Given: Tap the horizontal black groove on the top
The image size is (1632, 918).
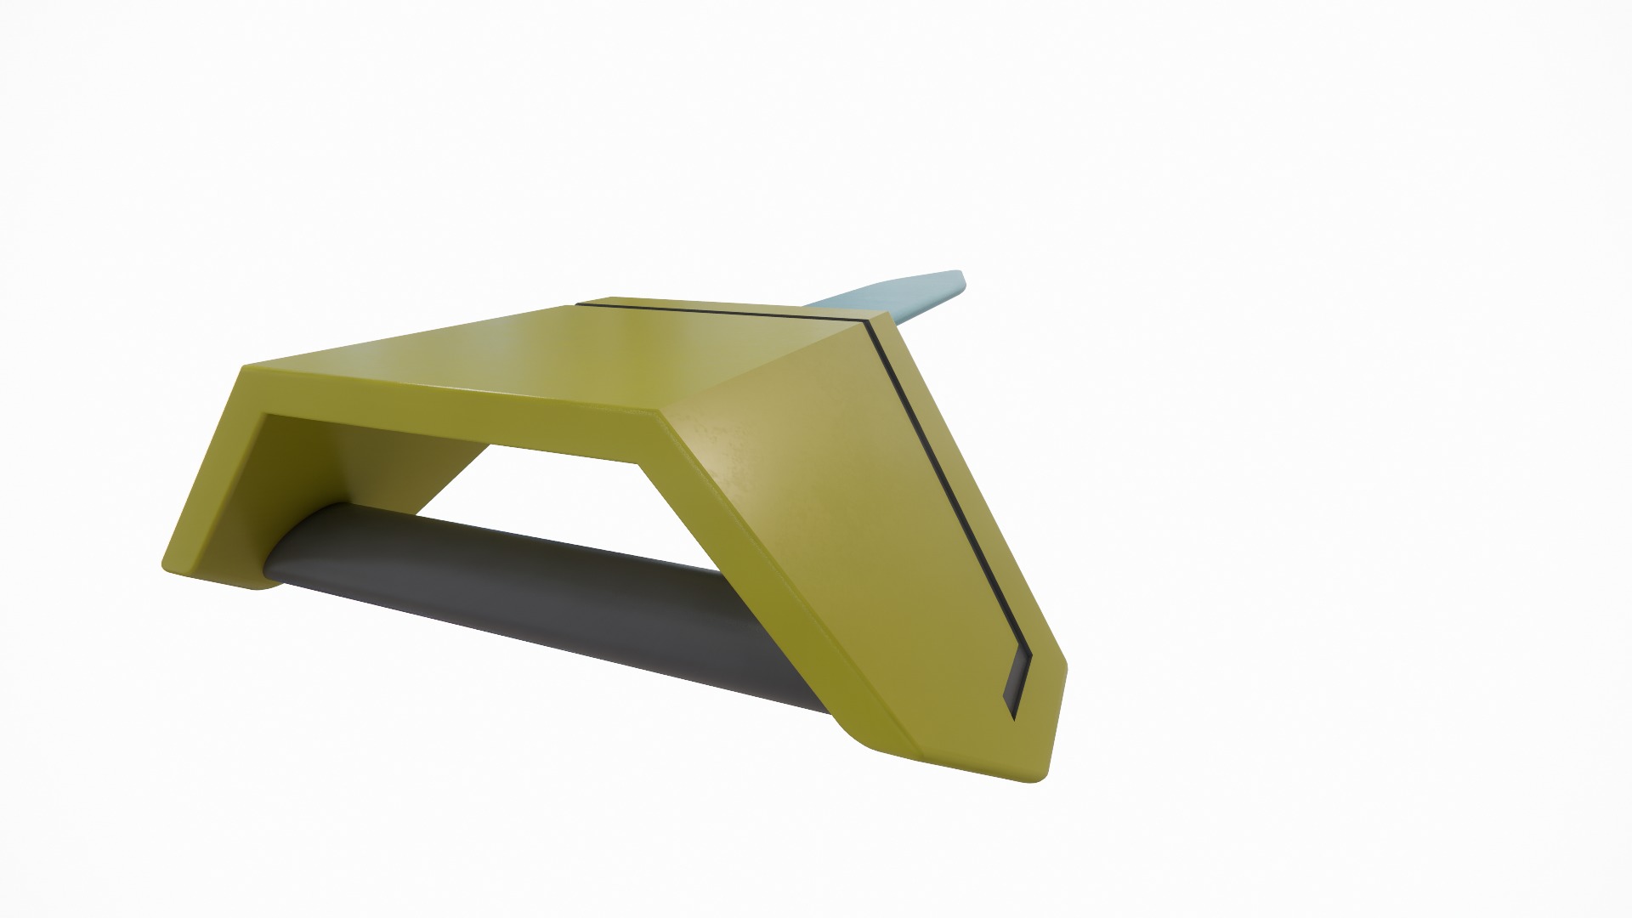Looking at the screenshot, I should [x=722, y=311].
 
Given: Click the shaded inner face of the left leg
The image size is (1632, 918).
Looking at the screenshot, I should [x=340, y=476].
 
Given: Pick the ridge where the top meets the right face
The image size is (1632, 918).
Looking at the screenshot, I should [x=765, y=365].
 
